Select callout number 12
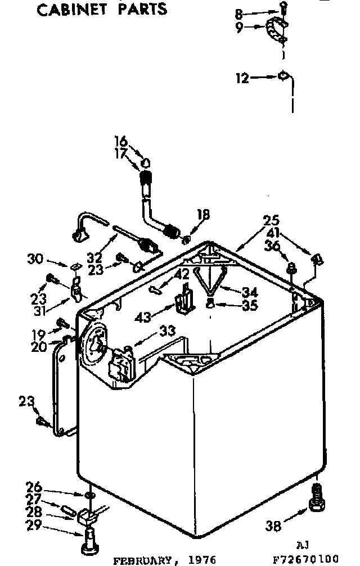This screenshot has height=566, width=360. tap(242, 78)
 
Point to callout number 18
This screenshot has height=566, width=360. tap(204, 214)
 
